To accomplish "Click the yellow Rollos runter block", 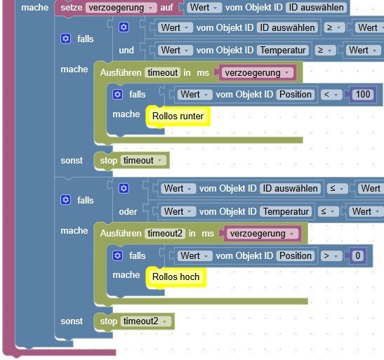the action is [178, 116].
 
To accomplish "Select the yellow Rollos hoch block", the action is [176, 277].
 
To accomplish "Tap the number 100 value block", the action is [363, 95].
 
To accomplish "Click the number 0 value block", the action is [357, 255].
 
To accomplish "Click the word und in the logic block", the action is [126, 50].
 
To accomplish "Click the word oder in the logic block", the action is [128, 212].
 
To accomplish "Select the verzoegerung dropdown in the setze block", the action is [121, 8].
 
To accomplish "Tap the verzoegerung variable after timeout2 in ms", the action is [260, 234].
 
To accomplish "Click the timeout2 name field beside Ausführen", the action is [165, 234].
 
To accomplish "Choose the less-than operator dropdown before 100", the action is [331, 95].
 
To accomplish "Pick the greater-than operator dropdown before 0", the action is [331, 256].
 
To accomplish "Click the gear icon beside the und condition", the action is [124, 27].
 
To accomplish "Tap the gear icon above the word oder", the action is [124, 189].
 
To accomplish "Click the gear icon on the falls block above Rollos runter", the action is [117, 95].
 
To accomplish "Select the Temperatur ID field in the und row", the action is [283, 50].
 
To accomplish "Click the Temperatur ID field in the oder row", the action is [286, 212].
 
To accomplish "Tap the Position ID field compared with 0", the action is [296, 256].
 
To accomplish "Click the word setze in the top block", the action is [72, 8].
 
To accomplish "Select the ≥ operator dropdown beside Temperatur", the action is [324, 51].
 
